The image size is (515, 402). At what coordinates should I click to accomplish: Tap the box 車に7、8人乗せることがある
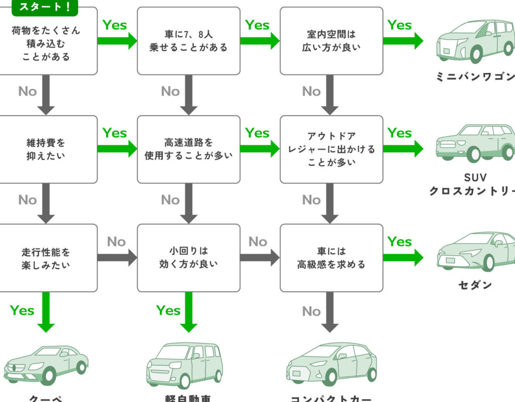click(x=189, y=41)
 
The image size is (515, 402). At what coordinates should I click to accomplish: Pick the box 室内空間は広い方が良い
click(x=331, y=41)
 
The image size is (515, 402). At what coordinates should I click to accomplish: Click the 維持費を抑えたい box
click(x=48, y=149)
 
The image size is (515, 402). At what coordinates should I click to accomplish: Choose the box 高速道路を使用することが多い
click(x=189, y=149)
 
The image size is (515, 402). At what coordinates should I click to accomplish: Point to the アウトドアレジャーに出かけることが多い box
click(x=331, y=149)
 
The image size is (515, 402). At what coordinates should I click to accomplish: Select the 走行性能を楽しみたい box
click(x=48, y=258)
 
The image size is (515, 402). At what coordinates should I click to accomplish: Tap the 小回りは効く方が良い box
click(x=189, y=258)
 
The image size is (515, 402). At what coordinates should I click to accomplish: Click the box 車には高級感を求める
click(x=331, y=258)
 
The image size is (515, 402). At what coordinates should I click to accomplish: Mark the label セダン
click(x=475, y=285)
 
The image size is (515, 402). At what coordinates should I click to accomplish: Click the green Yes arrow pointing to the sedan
click(x=402, y=258)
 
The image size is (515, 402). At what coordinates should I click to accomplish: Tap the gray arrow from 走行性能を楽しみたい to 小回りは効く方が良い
click(x=117, y=258)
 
